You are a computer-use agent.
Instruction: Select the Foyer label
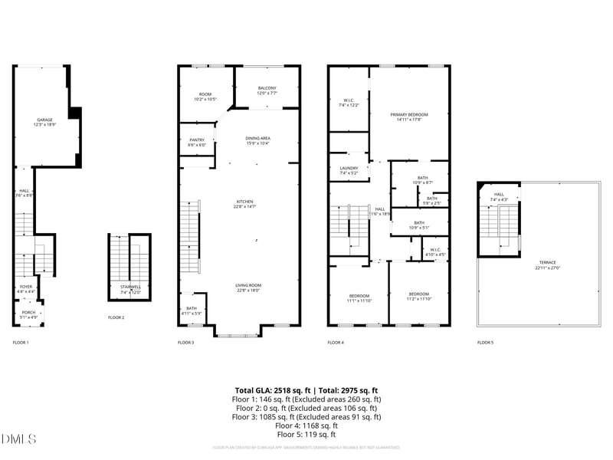27,289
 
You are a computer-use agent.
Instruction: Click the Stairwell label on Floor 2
131,289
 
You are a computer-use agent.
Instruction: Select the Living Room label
247,287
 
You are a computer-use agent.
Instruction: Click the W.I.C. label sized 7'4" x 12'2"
348,102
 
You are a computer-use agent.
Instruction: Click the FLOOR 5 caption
485,343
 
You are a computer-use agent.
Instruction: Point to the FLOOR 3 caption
185,343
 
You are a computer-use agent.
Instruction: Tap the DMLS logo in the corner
18,439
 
